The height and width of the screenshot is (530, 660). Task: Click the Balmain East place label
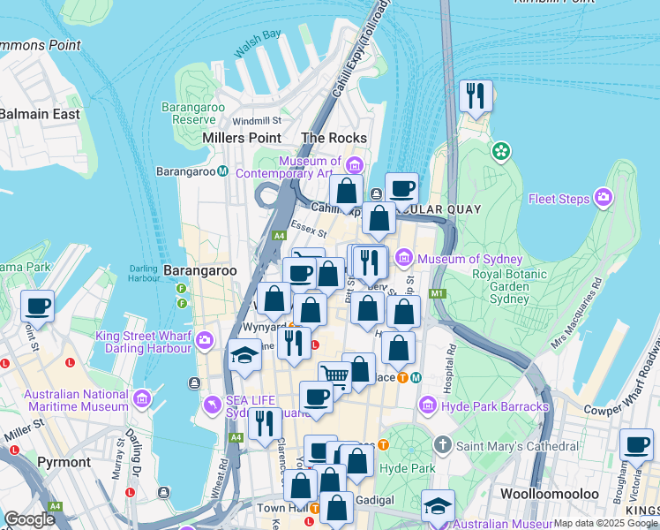(x=40, y=114)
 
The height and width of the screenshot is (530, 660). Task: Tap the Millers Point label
(x=242, y=138)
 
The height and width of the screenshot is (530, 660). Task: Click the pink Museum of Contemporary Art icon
(x=355, y=165)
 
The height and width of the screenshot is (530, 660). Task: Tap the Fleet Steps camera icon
(x=604, y=197)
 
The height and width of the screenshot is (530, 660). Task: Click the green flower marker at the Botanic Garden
(x=501, y=151)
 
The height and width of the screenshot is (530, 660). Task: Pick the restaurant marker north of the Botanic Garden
(x=476, y=96)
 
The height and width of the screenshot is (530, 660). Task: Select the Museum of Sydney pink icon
(x=404, y=258)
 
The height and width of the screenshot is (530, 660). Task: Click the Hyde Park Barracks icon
(x=427, y=405)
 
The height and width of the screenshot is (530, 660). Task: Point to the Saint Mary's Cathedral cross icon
(x=443, y=446)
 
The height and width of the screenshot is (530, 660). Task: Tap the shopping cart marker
(x=334, y=377)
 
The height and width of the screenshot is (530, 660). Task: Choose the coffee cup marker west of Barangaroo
(x=37, y=307)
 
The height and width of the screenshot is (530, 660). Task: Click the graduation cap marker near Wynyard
(x=244, y=356)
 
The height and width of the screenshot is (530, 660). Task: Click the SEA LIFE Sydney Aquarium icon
(x=212, y=405)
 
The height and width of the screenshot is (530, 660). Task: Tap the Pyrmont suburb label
(x=64, y=462)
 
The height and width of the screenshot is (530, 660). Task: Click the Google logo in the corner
(x=28, y=519)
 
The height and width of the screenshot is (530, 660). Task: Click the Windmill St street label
(x=257, y=120)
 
